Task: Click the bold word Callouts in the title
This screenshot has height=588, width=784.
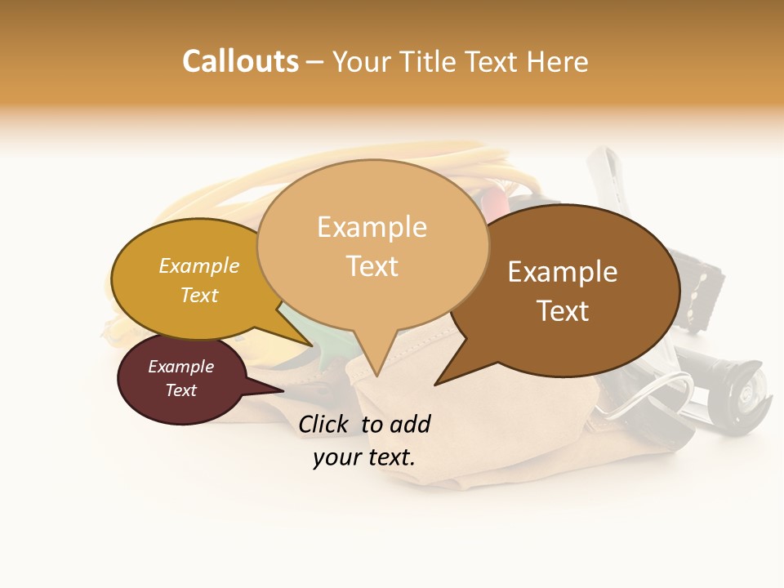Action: coord(240,61)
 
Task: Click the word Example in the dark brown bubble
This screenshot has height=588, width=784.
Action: coord(563,272)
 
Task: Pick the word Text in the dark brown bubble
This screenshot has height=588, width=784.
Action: coord(563,310)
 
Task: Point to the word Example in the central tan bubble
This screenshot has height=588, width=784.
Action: coord(372,227)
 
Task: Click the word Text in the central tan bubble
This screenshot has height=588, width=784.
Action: coord(372,265)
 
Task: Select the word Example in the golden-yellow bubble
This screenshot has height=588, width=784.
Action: coord(199,266)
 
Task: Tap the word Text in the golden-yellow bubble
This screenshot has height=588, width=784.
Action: coord(199,295)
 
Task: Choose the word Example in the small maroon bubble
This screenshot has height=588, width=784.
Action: coord(180,367)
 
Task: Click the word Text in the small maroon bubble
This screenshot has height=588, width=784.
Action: coord(180,390)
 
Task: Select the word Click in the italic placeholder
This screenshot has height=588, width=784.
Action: coord(324,424)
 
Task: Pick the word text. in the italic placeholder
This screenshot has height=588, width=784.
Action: coord(390,457)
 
